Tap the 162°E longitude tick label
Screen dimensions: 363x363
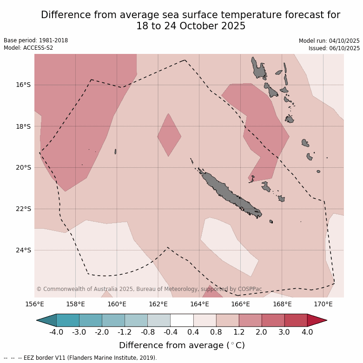click(158, 304)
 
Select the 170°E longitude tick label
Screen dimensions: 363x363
click(323, 304)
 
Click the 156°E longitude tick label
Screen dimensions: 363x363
click(34, 304)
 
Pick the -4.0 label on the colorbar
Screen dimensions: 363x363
click(56, 332)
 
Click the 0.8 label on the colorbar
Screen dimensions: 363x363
click(216, 332)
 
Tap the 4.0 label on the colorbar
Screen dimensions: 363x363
click(307, 332)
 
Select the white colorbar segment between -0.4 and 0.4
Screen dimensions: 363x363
click(182, 320)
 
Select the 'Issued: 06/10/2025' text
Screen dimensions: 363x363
click(334, 48)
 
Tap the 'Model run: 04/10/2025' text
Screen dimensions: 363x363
click(329, 41)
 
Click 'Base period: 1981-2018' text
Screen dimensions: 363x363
click(36, 40)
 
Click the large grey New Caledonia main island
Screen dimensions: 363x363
click(228, 193)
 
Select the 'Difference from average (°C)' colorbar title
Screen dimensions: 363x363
click(182, 345)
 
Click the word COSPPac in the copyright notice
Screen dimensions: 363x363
click(250, 289)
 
